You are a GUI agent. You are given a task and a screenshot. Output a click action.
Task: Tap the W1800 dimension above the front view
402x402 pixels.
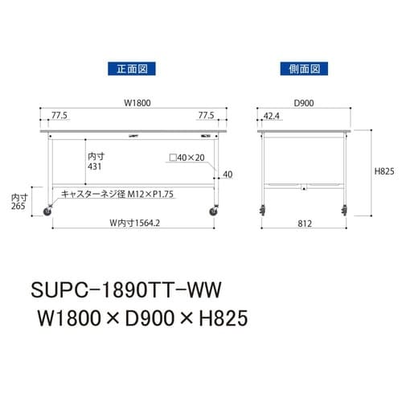(x=133, y=102)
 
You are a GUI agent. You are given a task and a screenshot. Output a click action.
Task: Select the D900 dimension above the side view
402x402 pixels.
(x=304, y=102)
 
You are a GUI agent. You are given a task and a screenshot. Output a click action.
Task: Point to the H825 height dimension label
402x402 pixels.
(x=384, y=171)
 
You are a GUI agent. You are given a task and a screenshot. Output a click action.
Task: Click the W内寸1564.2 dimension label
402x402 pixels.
(x=133, y=224)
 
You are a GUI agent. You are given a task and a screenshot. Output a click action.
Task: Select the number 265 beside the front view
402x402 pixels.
(x=18, y=206)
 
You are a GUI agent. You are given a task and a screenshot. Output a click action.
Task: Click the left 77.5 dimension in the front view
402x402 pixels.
(x=59, y=116)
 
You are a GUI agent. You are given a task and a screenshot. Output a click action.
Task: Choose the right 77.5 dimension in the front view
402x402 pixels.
(x=207, y=116)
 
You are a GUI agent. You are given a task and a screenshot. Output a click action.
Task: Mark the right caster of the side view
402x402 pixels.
(x=343, y=212)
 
